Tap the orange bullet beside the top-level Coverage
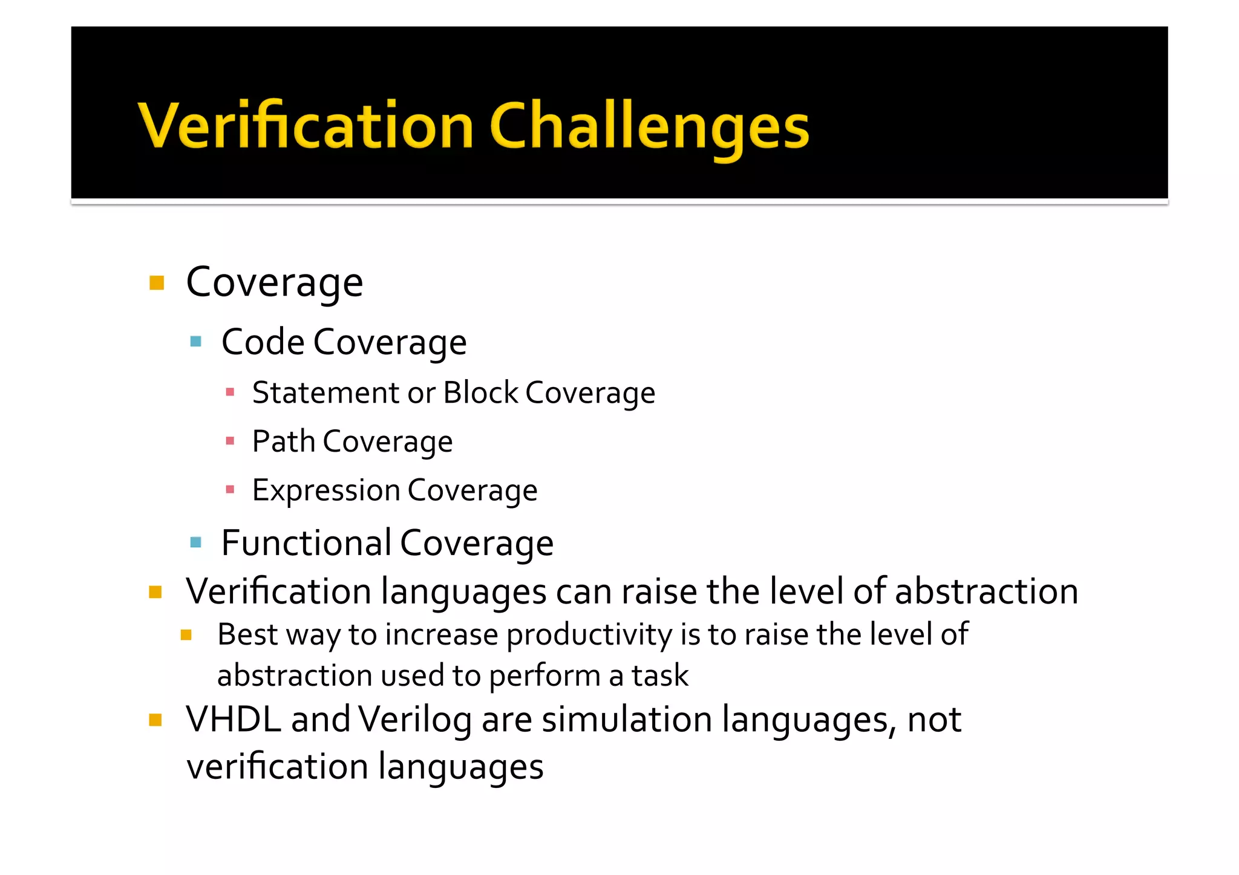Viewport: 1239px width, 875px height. pos(157,282)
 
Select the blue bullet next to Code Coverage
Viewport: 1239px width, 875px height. pos(195,342)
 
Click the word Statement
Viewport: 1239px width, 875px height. pos(325,393)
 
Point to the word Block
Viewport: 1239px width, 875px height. pos(480,392)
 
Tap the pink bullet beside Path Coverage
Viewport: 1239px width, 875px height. pos(230,441)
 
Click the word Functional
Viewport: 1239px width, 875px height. pos(306,542)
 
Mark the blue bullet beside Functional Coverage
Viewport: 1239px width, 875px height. pos(195,542)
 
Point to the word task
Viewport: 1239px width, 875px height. pos(660,675)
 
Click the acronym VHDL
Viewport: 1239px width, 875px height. pos(234,720)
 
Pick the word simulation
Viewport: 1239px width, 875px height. pos(627,720)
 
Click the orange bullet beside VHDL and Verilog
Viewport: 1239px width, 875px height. pos(155,720)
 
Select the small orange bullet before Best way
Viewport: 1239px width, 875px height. pos(186,635)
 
